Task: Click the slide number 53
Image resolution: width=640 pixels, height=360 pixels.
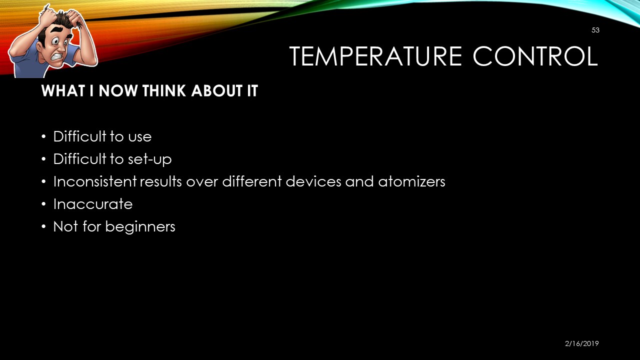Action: (x=595, y=30)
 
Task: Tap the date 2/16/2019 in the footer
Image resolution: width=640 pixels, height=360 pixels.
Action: (x=581, y=343)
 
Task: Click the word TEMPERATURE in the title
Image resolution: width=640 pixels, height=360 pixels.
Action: (x=375, y=56)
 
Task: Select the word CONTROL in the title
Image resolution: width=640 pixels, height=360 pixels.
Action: (x=535, y=56)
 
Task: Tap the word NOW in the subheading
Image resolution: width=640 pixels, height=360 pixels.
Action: (x=118, y=91)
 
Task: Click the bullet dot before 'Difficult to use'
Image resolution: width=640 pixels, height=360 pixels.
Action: (x=43, y=136)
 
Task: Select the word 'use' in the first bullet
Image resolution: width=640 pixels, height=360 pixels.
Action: (x=139, y=137)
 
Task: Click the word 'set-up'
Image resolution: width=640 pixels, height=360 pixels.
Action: (x=149, y=159)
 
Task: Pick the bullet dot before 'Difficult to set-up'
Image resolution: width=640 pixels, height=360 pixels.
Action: (x=43, y=159)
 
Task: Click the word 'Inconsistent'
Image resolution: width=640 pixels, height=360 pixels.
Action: (x=95, y=181)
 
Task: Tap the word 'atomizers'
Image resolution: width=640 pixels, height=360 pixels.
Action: (x=411, y=181)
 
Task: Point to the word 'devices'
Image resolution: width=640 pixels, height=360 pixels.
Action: (x=313, y=181)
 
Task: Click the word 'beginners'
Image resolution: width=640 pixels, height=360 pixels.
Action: (x=140, y=227)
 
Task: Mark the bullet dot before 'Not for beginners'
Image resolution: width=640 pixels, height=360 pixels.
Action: (x=43, y=227)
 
